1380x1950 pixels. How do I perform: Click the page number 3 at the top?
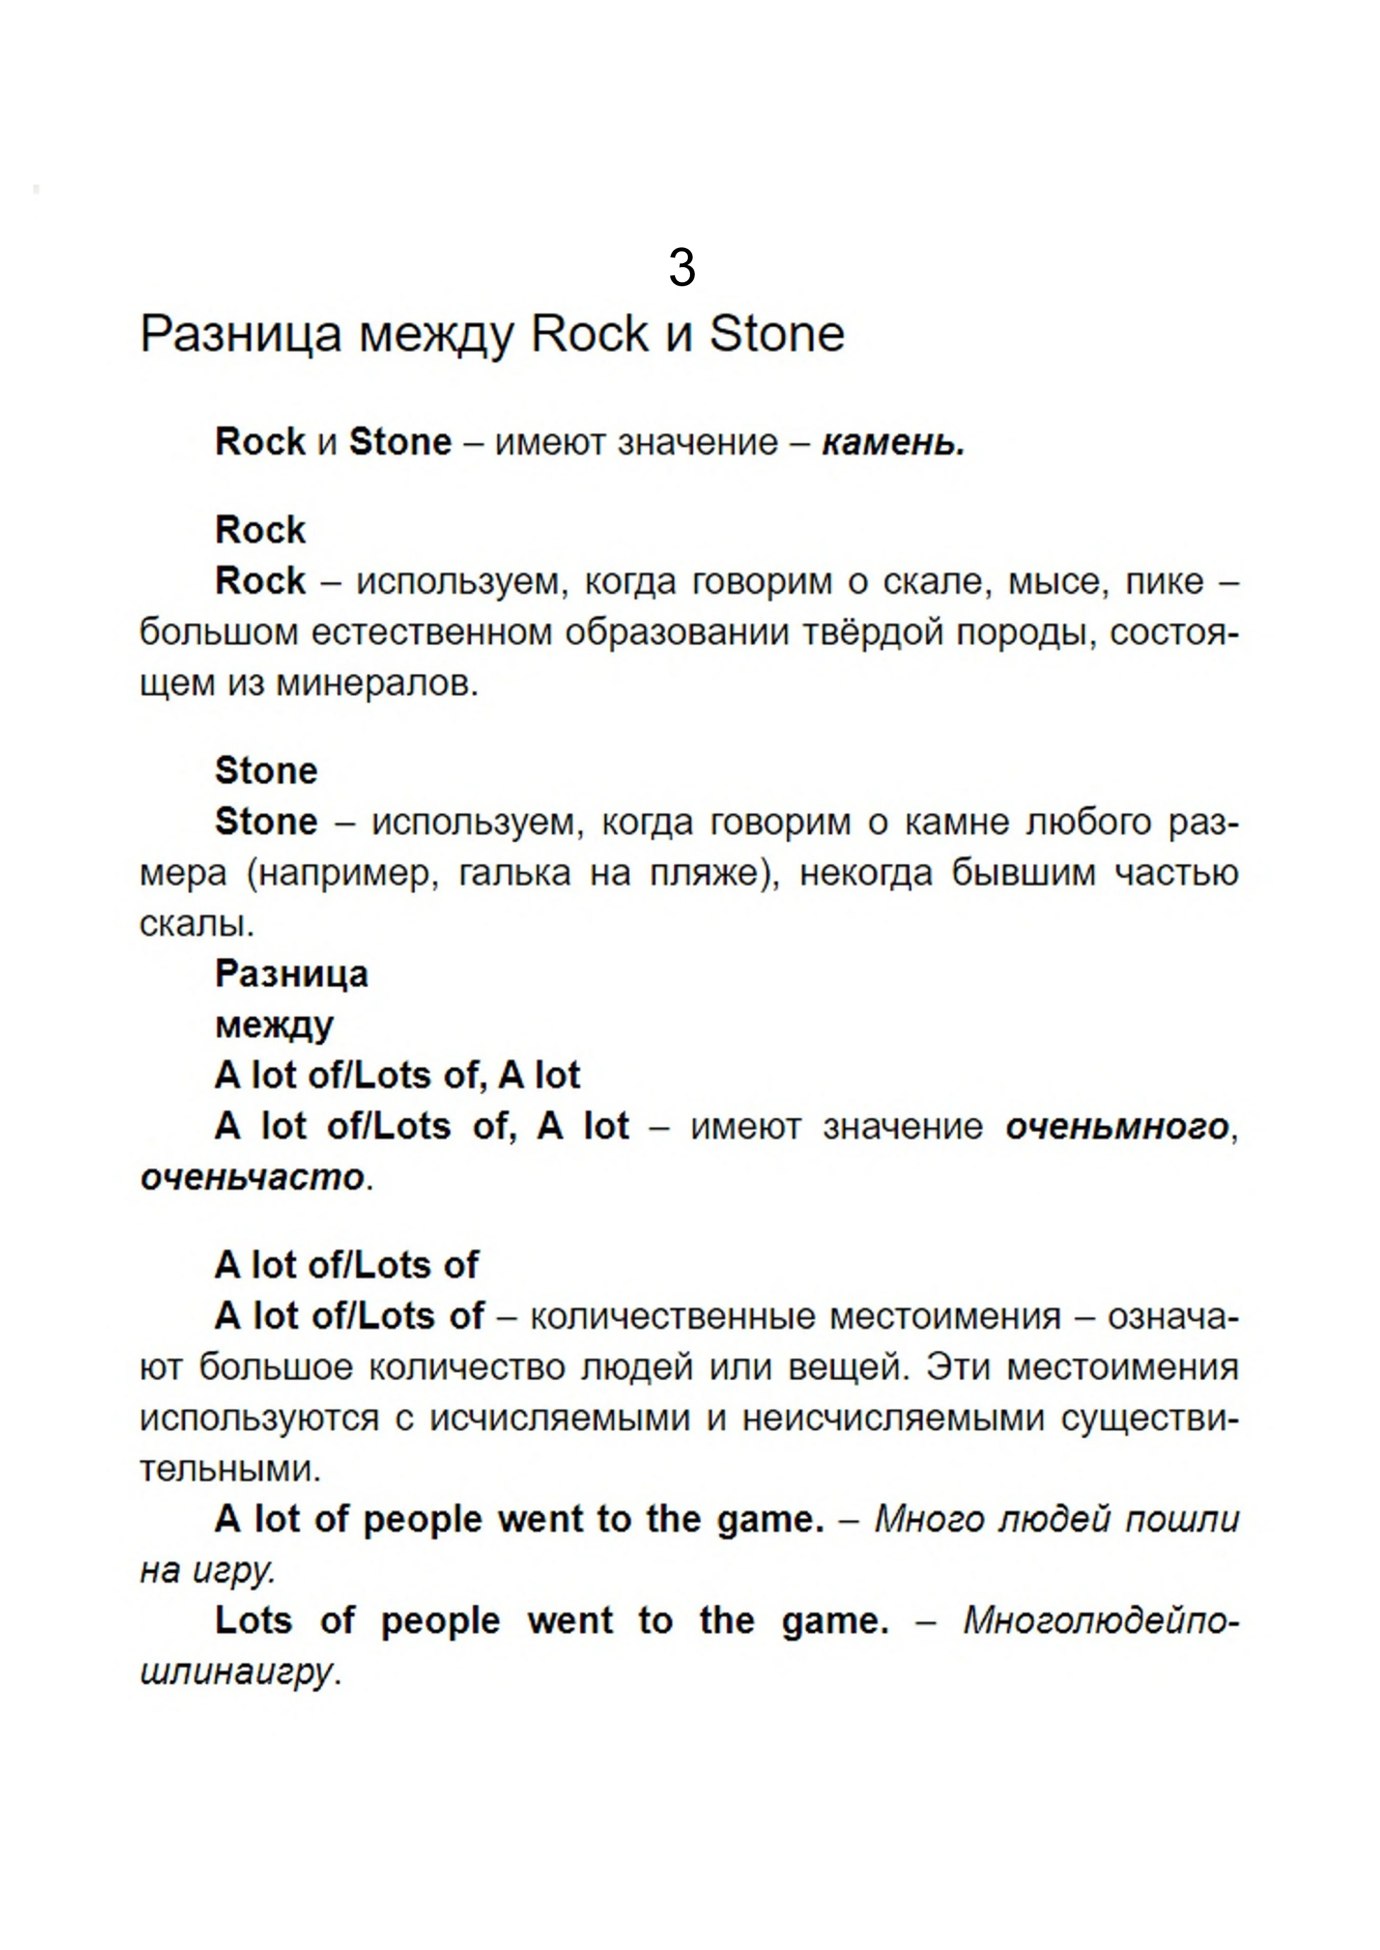tap(681, 268)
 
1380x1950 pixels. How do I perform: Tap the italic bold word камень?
tap(892, 443)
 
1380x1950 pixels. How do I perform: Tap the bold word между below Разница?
tap(274, 1025)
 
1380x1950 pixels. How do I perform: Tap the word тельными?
tap(229, 1470)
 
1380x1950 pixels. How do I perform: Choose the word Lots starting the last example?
tap(253, 1621)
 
